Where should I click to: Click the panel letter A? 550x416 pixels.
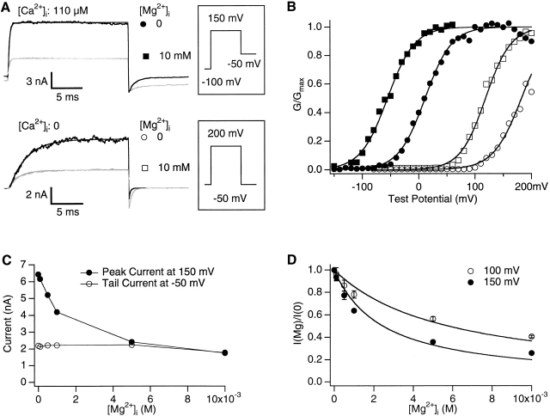point(8,8)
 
